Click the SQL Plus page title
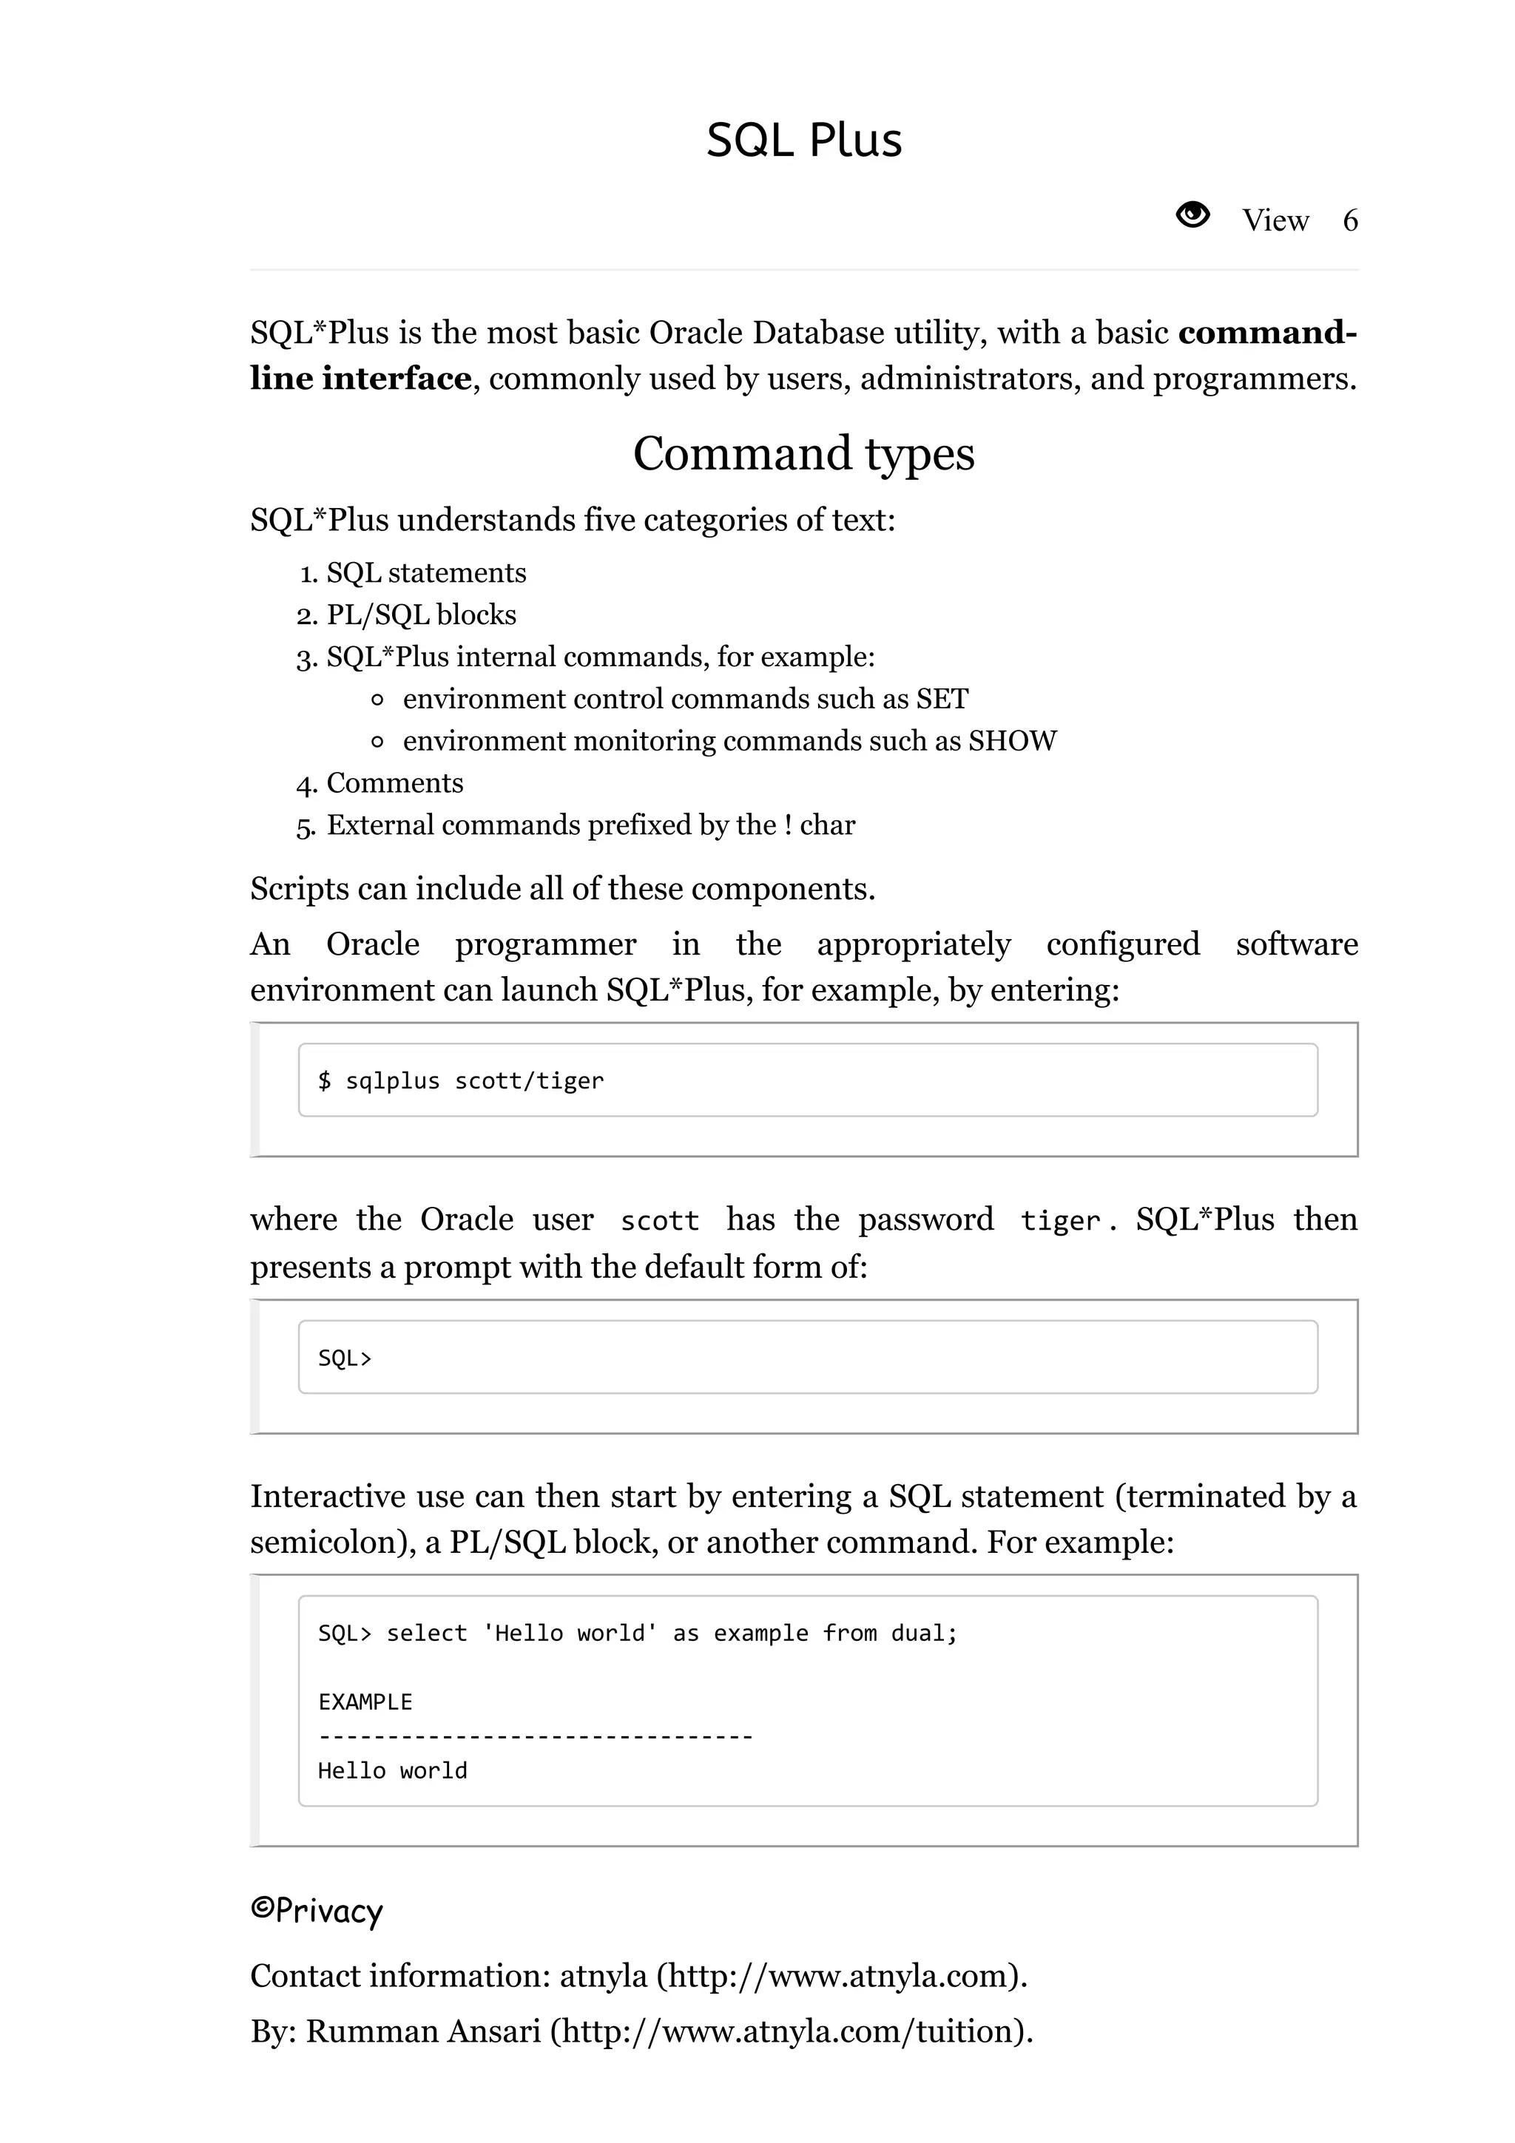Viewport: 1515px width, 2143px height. pos(803,140)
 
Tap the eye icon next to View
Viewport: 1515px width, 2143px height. pos(1192,216)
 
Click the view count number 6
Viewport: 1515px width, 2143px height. pos(1350,221)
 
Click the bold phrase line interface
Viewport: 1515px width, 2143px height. pos(360,379)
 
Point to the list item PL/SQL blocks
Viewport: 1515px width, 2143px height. pos(421,615)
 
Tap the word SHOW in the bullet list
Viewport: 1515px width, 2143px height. pos(1012,741)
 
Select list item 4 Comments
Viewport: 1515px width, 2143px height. pos(394,783)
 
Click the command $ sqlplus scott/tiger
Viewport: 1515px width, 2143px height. pos(461,1081)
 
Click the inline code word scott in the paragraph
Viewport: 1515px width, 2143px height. pos(659,1221)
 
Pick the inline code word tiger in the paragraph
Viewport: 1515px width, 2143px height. pos(1060,1221)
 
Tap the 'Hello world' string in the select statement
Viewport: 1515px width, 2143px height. pos(570,1634)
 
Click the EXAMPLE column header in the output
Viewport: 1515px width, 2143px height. pos(365,1702)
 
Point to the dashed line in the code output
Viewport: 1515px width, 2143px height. pos(535,1737)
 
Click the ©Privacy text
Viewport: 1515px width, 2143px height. pos(317,1911)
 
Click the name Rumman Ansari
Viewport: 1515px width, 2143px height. pos(423,2031)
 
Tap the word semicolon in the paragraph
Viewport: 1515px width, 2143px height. pos(325,1543)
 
